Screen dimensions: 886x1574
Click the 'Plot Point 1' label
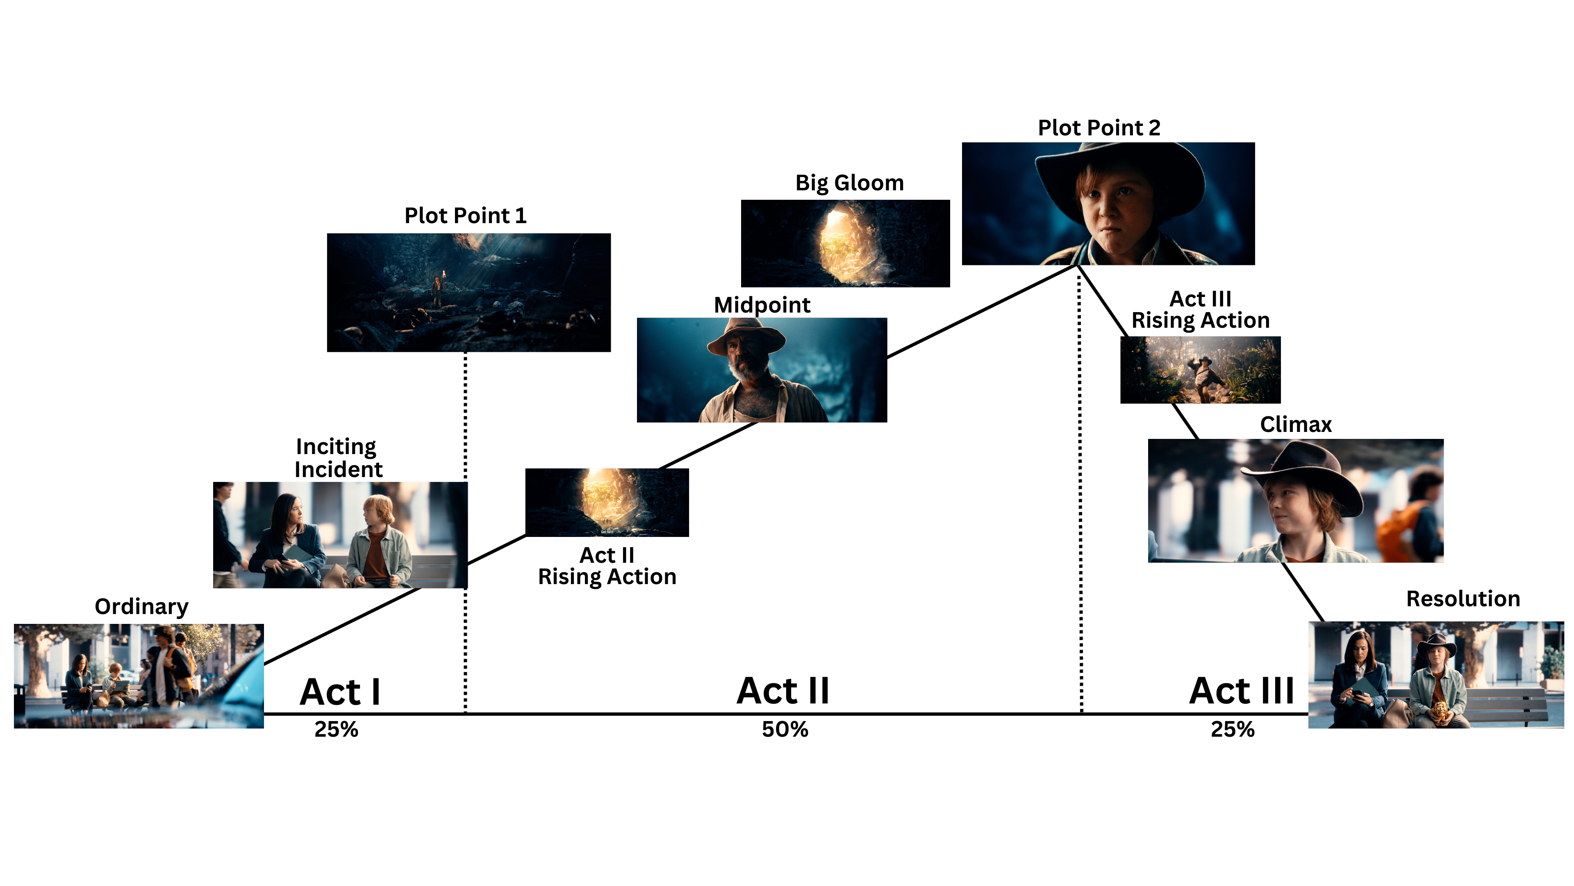pos(465,216)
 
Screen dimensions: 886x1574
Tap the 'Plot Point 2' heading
pos(1099,128)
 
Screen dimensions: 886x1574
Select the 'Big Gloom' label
pos(849,183)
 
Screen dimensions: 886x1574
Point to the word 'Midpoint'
pos(762,304)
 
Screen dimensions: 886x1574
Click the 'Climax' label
pos(1295,425)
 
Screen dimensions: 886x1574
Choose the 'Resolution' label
pos(1463,598)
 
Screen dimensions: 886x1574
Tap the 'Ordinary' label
pos(141,607)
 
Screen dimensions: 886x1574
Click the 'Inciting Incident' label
pos(338,458)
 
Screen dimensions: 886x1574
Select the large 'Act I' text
pos(340,692)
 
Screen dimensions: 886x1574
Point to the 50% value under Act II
pos(785,729)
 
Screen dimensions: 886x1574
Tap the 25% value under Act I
pos(336,729)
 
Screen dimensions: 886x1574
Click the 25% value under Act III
pos(1233,729)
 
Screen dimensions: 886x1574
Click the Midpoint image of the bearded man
pos(761,370)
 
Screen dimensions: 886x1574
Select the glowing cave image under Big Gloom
pos(845,243)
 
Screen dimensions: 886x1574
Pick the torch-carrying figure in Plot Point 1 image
pos(437,290)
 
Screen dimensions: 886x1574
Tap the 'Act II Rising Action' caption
pos(607,566)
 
